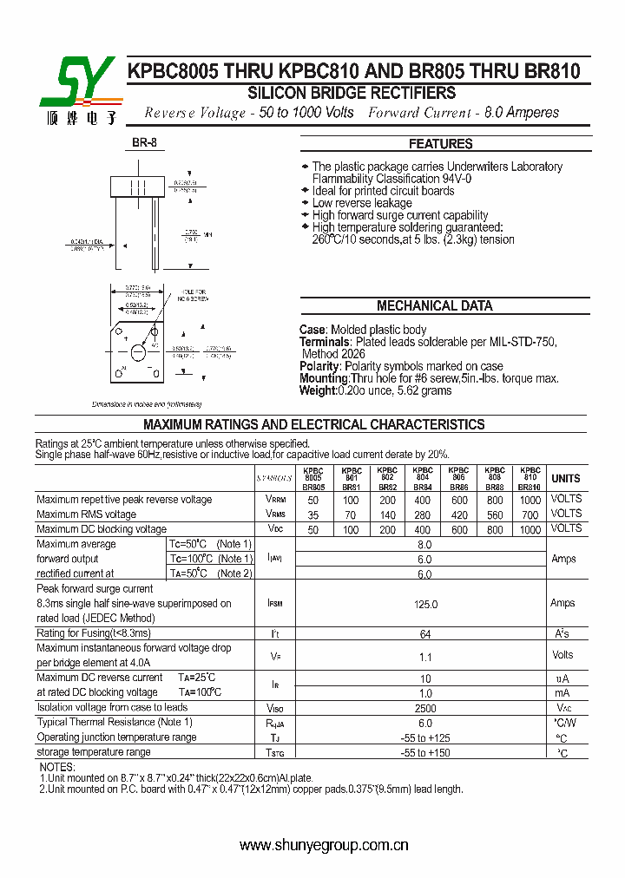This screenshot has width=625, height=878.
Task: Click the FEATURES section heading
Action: click(440, 144)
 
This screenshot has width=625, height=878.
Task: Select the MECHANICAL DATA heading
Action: click(434, 305)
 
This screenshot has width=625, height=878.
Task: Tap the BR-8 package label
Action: click(144, 143)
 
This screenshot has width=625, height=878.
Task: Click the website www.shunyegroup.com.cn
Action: click(323, 845)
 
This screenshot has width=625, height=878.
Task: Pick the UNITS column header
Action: click(565, 478)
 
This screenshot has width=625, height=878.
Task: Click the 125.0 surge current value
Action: click(424, 603)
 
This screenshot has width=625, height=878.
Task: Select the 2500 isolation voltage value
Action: click(424, 708)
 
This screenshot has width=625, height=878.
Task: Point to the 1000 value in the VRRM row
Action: click(530, 500)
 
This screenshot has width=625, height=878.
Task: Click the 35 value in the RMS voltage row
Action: click(312, 514)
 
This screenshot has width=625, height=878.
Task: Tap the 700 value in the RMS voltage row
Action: click(530, 514)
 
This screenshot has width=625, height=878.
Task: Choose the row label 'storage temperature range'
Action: click(94, 752)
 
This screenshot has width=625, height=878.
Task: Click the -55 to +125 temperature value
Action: click(424, 737)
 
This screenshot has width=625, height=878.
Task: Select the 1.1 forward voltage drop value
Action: click(424, 657)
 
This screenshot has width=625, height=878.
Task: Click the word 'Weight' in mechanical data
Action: click(318, 390)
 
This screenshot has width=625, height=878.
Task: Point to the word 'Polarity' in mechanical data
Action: click(319, 366)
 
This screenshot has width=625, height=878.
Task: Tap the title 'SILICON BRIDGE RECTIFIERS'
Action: click(352, 93)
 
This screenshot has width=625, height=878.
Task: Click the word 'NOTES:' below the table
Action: click(57, 768)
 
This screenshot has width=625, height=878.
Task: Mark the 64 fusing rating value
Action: click(424, 634)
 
